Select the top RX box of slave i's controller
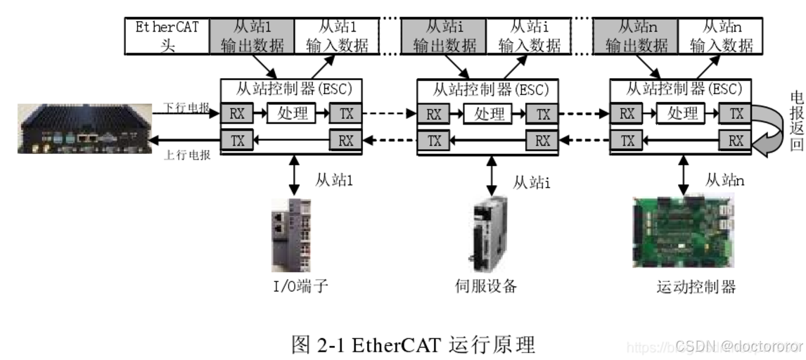click(x=435, y=114)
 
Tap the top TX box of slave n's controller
click(x=736, y=114)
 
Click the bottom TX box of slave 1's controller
click(x=238, y=141)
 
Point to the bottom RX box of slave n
click(x=736, y=141)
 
